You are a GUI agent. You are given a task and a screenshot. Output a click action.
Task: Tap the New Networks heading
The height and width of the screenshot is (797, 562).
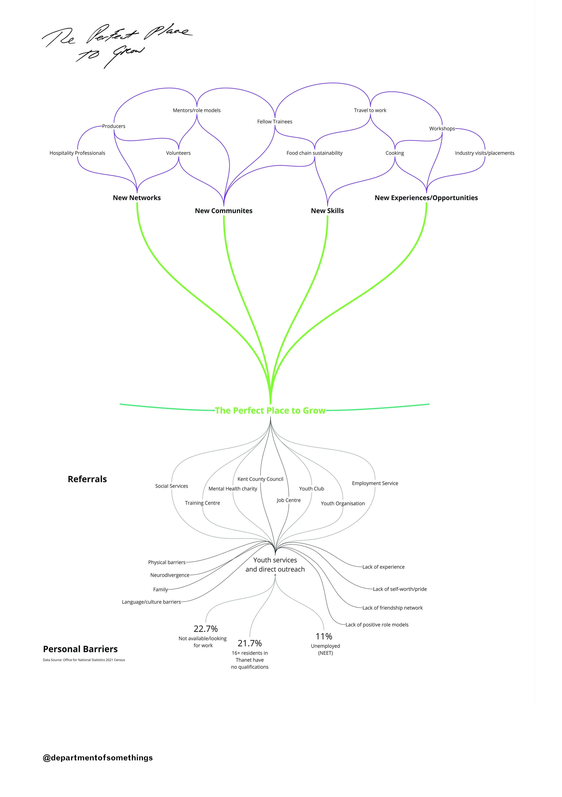(137, 198)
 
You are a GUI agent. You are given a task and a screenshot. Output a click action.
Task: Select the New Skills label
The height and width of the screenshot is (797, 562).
(327, 211)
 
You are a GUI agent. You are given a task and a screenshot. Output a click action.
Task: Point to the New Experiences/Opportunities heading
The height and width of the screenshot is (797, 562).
(426, 198)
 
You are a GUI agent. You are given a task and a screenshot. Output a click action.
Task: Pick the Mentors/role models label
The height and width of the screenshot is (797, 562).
(196, 110)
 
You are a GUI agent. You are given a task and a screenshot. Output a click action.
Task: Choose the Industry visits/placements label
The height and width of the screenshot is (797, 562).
(484, 153)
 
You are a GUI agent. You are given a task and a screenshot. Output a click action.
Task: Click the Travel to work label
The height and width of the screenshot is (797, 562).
(370, 110)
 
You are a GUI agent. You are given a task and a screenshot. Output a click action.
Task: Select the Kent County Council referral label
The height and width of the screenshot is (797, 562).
(260, 479)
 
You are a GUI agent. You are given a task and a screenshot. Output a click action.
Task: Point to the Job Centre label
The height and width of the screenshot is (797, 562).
(288, 500)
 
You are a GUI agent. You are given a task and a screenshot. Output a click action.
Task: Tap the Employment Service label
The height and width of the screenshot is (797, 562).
(375, 483)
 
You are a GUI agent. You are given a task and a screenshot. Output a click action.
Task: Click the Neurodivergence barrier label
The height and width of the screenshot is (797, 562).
(169, 575)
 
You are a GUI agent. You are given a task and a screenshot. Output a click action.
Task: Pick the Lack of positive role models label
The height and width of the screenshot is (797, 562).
(377, 625)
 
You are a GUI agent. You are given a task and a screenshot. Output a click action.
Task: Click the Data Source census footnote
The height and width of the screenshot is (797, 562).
(84, 660)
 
